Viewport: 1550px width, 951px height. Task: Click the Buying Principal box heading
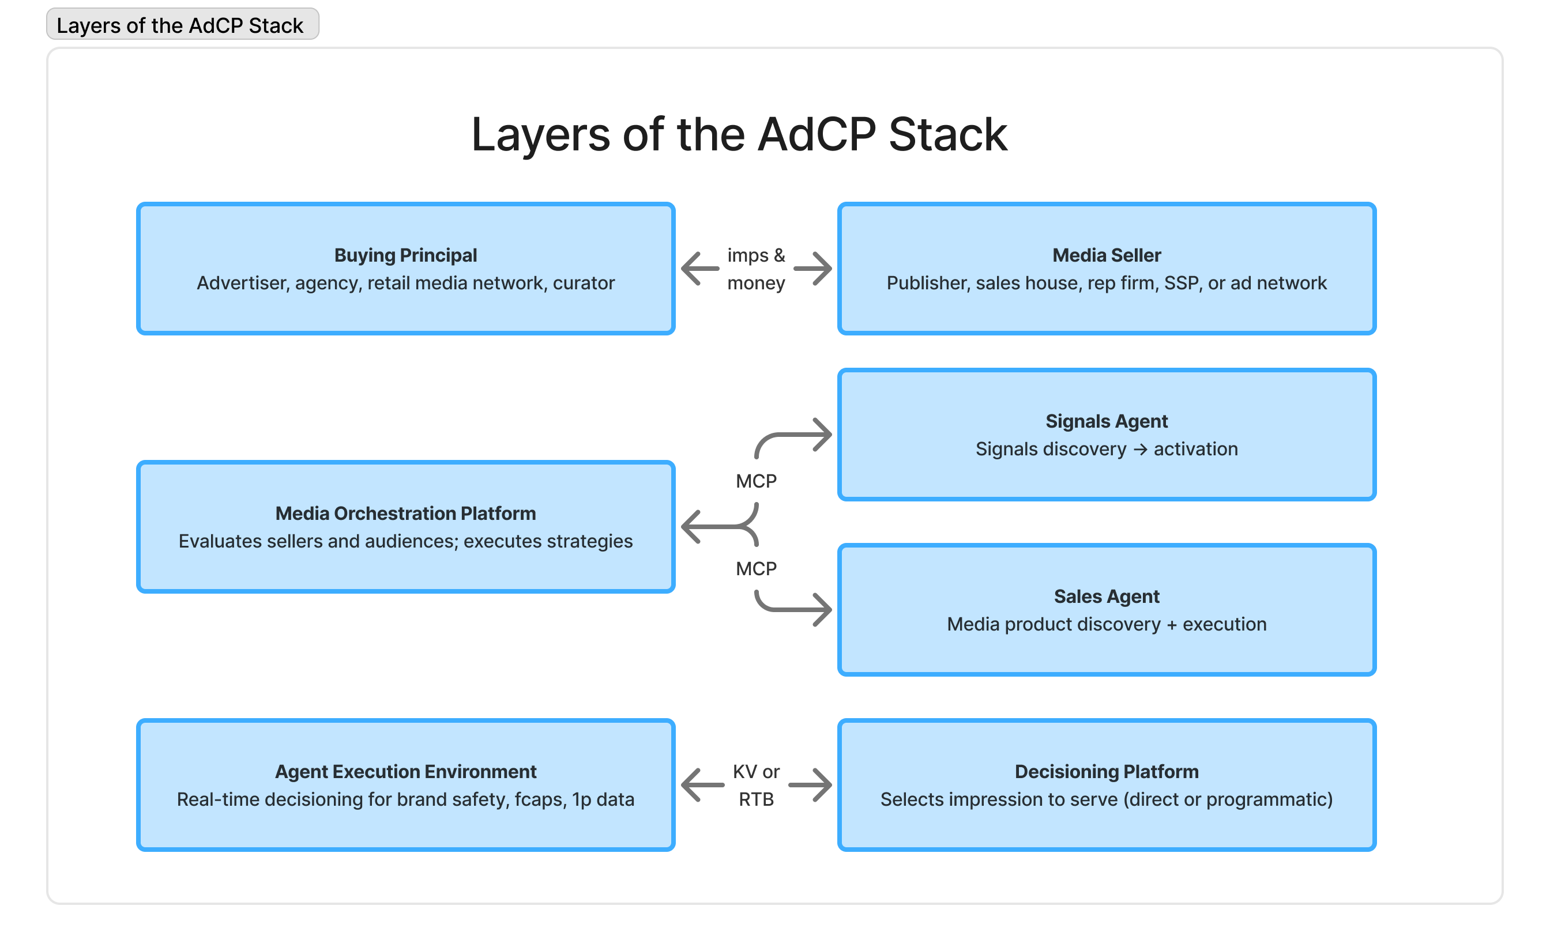point(406,255)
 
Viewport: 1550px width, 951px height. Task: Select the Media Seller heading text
point(1107,255)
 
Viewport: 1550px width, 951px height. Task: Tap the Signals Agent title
point(1107,421)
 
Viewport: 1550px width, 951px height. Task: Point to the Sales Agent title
point(1107,597)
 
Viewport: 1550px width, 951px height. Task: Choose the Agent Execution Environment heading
point(406,772)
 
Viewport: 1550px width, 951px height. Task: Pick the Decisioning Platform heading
point(1107,772)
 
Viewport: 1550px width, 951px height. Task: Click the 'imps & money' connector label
point(756,269)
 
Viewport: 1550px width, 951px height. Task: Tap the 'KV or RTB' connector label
point(756,786)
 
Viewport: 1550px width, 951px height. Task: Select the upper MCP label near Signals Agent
point(756,481)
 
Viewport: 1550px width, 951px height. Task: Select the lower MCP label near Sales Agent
point(756,569)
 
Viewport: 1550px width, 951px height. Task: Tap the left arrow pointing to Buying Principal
point(700,269)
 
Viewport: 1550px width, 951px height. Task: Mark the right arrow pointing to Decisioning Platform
point(811,785)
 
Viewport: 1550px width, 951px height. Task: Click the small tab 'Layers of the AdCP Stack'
point(182,25)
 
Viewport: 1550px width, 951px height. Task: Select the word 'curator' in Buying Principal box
point(583,283)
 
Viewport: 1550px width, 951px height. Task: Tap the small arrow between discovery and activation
point(1140,450)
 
